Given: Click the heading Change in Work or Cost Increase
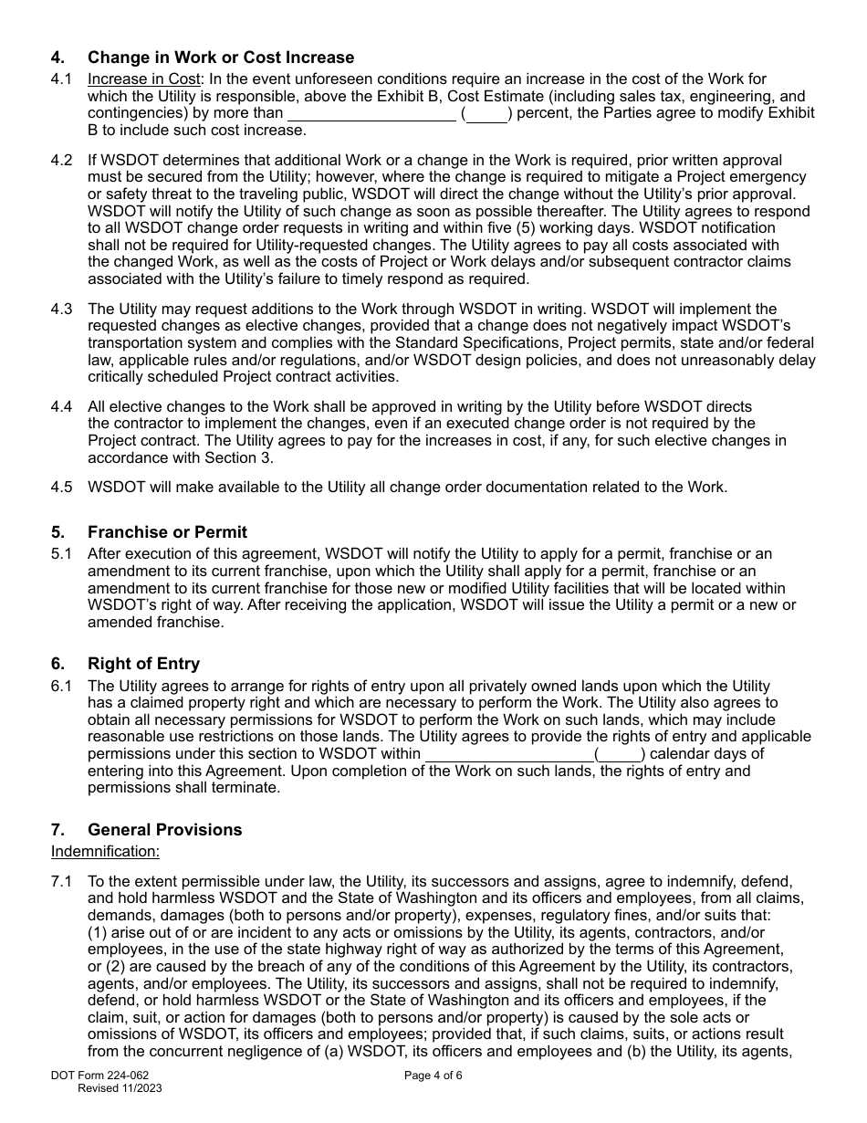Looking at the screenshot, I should [221, 58].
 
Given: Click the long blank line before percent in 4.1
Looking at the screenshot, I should [371, 114].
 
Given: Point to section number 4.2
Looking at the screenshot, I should [61, 161].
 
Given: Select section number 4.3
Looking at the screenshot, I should [61, 310].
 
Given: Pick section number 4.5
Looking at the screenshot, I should [61, 487].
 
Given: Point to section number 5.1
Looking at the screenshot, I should [61, 554].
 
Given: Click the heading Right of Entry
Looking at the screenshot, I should [143, 664].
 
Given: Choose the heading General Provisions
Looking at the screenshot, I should [164, 830].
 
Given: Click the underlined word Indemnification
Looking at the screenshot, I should [105, 852].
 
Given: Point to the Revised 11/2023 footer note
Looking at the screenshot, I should [120, 1088].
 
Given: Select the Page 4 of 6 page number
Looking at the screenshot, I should [433, 1076].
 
